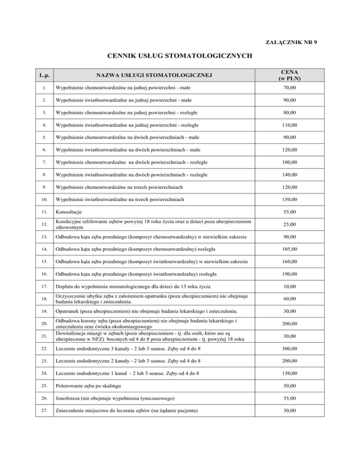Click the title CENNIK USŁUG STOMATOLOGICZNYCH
click(x=180, y=57)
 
